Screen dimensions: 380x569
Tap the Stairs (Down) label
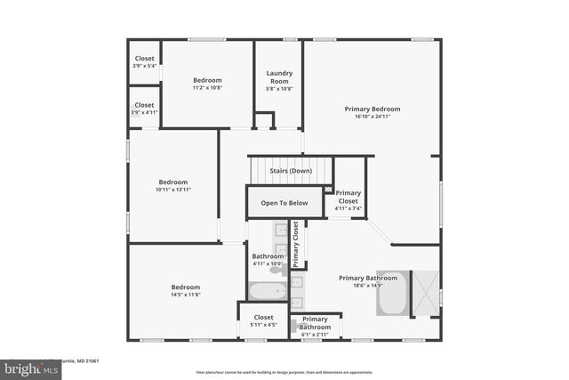[291, 171]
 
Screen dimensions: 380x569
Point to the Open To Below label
[284, 203]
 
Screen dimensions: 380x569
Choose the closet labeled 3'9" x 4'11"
[144, 109]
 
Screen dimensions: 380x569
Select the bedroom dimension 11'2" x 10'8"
[207, 88]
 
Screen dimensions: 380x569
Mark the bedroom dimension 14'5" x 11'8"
[186, 295]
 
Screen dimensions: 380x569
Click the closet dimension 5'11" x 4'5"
[264, 325]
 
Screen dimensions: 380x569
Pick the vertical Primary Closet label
[296, 245]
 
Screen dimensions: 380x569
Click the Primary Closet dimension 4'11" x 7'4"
[349, 208]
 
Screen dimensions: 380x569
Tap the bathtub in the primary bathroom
[392, 294]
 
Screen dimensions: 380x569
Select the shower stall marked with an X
[426, 294]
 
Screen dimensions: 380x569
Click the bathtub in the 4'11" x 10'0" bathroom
[267, 290]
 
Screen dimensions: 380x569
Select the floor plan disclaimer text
[284, 371]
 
